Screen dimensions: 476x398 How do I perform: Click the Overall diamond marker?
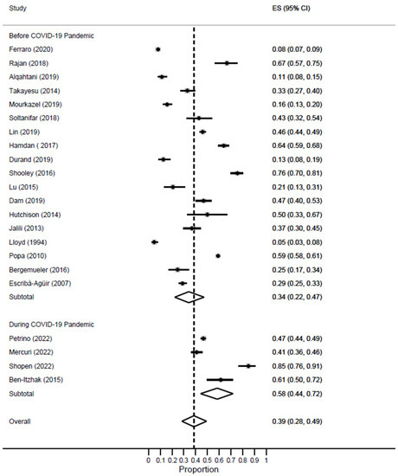click(x=194, y=421)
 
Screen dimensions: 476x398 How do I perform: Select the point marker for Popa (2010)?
click(x=218, y=255)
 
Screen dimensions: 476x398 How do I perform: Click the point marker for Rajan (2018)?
click(x=227, y=63)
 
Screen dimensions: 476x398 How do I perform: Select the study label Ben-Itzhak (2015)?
click(x=33, y=379)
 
